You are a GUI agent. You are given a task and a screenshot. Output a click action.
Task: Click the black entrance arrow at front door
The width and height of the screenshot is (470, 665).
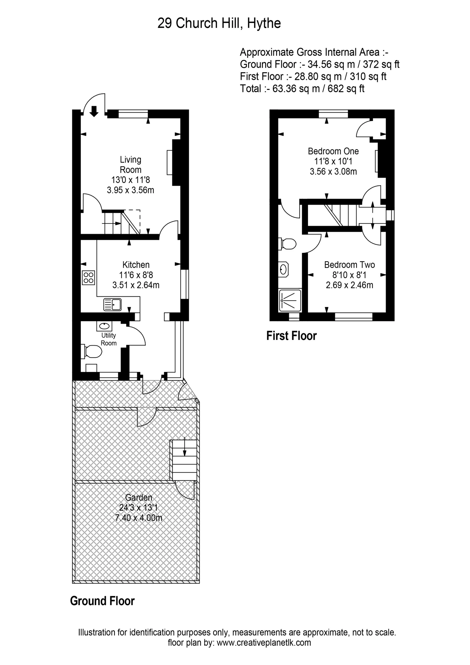[94, 111]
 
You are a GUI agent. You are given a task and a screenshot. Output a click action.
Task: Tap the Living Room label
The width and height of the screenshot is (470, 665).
[131, 165]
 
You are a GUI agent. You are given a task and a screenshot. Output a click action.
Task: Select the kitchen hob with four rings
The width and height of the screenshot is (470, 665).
[88, 277]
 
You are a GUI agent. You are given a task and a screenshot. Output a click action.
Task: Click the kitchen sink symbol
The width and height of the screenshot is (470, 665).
[112, 305]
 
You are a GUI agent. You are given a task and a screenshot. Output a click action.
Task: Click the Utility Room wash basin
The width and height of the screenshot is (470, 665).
[104, 326]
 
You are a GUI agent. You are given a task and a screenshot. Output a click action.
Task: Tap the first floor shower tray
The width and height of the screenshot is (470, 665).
[290, 300]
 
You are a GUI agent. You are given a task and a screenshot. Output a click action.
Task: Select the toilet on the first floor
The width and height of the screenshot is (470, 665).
[287, 244]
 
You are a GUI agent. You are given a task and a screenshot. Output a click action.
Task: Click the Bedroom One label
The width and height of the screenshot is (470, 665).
[333, 151]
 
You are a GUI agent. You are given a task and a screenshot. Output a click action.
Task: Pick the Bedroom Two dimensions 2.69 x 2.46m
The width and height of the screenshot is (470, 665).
[349, 285]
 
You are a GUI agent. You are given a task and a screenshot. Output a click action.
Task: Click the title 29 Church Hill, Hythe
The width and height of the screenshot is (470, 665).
[219, 23]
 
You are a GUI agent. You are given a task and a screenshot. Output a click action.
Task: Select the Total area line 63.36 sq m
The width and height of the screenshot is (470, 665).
[302, 88]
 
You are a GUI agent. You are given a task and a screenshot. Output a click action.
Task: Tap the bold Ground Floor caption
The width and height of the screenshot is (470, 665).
[102, 601]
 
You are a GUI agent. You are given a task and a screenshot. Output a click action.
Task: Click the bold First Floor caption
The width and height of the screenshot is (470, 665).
[291, 336]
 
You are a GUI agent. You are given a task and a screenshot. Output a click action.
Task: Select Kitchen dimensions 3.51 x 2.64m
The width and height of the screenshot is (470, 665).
[136, 285]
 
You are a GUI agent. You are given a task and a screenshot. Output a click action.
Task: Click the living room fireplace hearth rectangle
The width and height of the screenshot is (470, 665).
[169, 163]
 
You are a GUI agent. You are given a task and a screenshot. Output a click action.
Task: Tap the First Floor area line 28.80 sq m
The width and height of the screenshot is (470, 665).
[313, 76]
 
